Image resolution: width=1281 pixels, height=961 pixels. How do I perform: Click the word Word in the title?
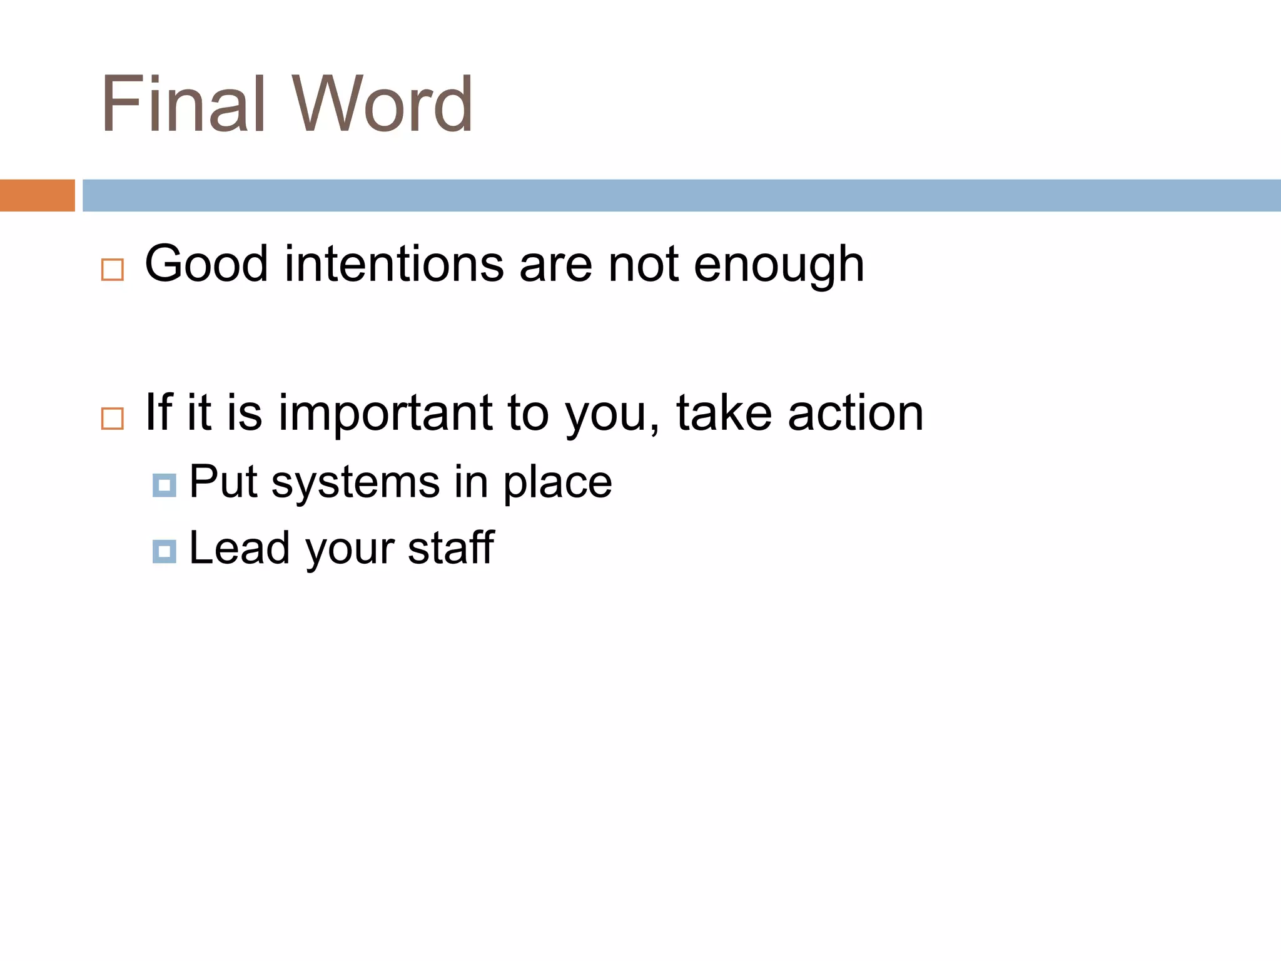[x=382, y=104]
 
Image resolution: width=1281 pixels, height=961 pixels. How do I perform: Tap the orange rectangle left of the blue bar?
[x=37, y=195]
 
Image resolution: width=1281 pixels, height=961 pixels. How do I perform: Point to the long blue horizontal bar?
[x=681, y=195]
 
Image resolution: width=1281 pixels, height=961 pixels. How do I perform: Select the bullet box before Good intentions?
[x=113, y=270]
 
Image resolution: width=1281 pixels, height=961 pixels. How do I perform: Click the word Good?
[x=206, y=264]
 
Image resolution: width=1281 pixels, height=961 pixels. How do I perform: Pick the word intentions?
[x=394, y=264]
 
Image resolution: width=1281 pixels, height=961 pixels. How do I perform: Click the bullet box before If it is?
[x=113, y=418]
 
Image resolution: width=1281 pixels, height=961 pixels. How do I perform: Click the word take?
[x=724, y=413]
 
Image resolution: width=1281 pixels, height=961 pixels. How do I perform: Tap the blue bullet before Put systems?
[x=164, y=485]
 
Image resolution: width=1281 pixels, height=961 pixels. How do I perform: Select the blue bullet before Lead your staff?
[x=164, y=551]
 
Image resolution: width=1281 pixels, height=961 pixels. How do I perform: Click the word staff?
[x=451, y=548]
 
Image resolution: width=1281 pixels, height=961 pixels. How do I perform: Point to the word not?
[x=643, y=264]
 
